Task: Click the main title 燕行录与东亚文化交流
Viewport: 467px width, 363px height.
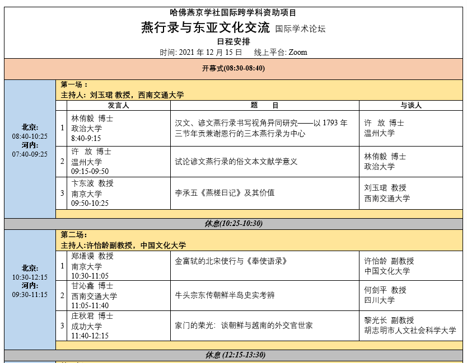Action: (x=206, y=27)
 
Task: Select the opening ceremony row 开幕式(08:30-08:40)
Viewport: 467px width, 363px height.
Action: (x=233, y=69)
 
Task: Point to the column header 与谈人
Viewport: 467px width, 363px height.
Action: (x=411, y=105)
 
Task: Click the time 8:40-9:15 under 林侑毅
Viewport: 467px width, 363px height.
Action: (x=86, y=138)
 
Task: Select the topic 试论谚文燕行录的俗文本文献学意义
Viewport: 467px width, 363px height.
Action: (x=236, y=162)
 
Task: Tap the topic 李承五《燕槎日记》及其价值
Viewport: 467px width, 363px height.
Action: (x=225, y=193)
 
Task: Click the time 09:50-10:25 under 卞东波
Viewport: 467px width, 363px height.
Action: (x=90, y=203)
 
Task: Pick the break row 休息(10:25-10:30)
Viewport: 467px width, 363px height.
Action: (x=233, y=224)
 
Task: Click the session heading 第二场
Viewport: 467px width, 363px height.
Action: (x=74, y=235)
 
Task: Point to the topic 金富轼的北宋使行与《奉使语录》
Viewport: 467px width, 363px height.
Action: (x=231, y=261)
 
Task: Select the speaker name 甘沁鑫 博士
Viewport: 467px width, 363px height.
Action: (x=92, y=285)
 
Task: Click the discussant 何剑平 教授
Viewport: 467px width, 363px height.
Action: (x=385, y=290)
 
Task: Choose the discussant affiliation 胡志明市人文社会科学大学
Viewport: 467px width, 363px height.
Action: (x=410, y=331)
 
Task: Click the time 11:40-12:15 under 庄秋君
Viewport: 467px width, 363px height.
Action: (x=90, y=336)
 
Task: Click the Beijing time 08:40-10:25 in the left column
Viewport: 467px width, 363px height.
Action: (x=30, y=136)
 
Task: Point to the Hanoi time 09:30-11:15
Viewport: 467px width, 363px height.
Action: (x=30, y=295)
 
